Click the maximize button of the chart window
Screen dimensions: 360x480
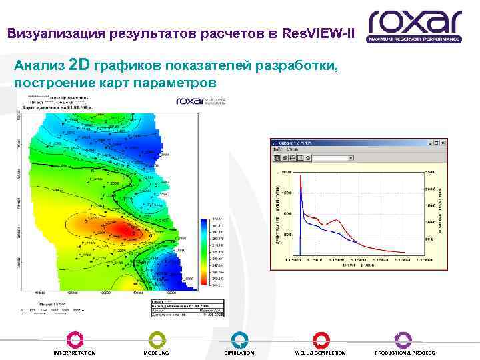click(435, 142)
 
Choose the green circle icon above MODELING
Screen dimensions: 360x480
click(156, 339)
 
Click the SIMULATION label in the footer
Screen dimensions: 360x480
click(239, 353)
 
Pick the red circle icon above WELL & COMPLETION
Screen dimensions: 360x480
click(321, 339)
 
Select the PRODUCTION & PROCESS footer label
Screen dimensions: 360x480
click(405, 353)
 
